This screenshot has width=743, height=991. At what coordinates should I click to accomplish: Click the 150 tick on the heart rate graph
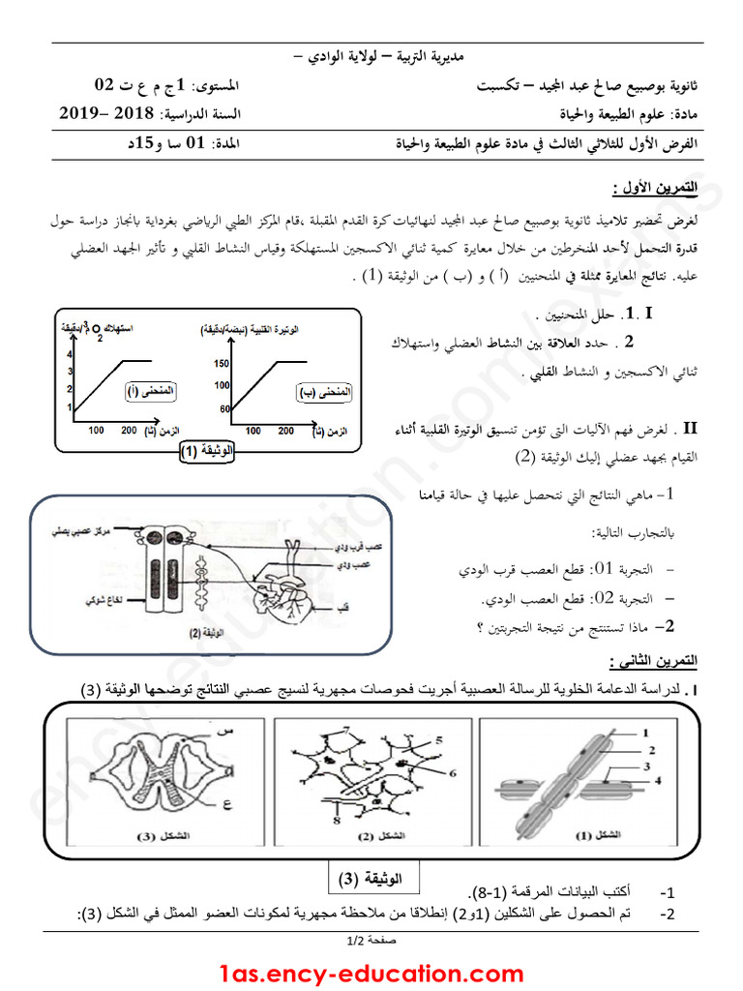click(x=219, y=364)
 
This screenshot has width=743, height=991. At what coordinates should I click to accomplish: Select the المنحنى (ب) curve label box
click(x=323, y=393)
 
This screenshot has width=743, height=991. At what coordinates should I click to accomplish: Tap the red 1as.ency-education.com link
click(x=371, y=972)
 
